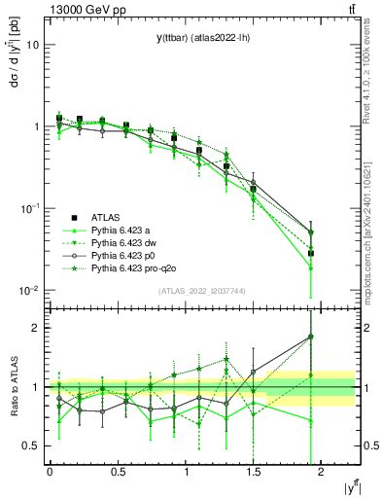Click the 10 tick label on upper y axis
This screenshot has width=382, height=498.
tap(32, 45)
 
